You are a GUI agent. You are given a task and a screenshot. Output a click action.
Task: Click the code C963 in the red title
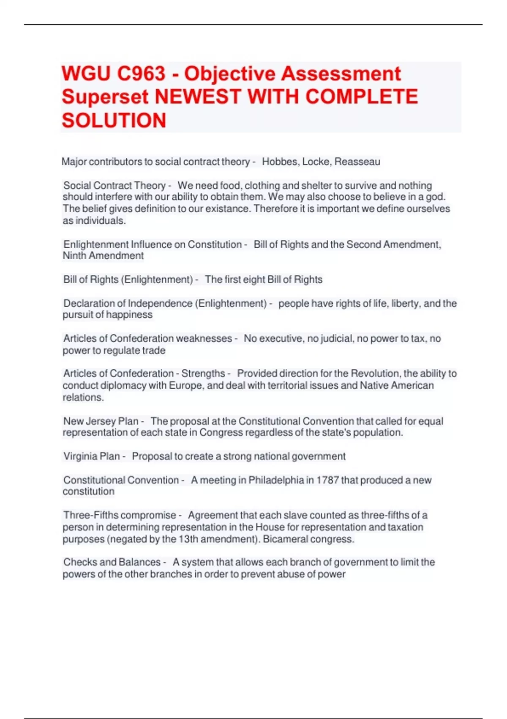click(141, 74)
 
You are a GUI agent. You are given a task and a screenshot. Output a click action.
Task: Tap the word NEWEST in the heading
click(198, 97)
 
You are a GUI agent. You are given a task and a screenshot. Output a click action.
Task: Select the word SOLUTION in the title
click(114, 121)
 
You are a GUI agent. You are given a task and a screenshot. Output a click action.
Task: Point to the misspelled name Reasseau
click(357, 162)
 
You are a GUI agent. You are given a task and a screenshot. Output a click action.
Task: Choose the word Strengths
click(203, 373)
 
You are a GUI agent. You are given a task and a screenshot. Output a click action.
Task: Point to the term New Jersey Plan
click(101, 421)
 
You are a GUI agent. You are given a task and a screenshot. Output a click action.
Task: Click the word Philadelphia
click(276, 480)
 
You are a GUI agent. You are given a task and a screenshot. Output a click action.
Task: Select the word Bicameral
click(285, 539)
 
